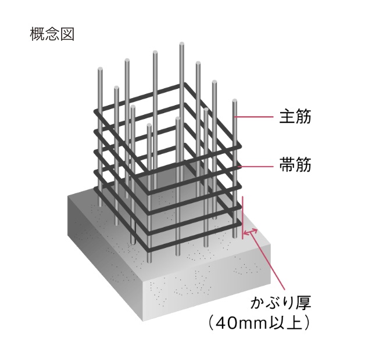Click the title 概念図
(x=52, y=33)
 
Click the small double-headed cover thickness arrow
(x=250, y=233)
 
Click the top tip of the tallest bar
(x=182, y=44)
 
